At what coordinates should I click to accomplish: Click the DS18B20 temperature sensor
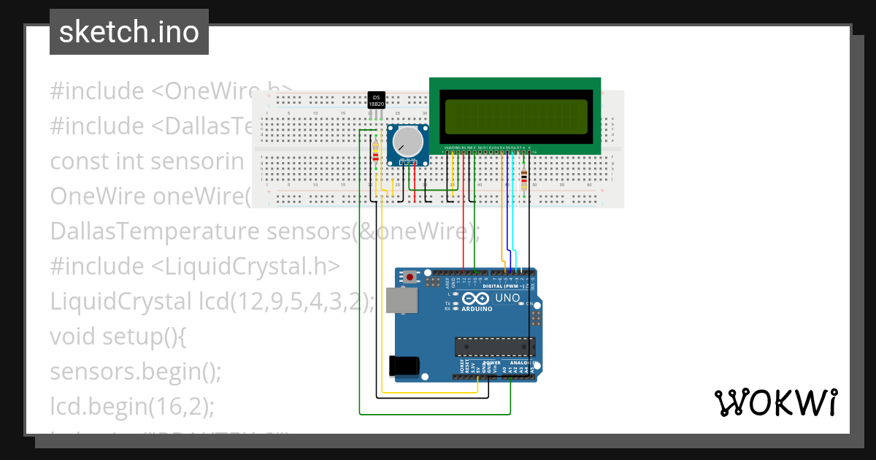[x=377, y=101]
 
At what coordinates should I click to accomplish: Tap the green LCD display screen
[x=514, y=115]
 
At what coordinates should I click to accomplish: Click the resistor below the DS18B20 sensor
[x=375, y=153]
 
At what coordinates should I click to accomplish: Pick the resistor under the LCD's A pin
[x=525, y=178]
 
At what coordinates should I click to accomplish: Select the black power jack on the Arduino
[x=404, y=365]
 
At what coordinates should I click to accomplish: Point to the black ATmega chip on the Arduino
[x=494, y=348]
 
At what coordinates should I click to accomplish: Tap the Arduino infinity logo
[x=474, y=299]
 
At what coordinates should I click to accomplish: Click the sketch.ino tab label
[x=129, y=32]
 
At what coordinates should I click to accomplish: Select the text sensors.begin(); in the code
[x=136, y=371]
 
